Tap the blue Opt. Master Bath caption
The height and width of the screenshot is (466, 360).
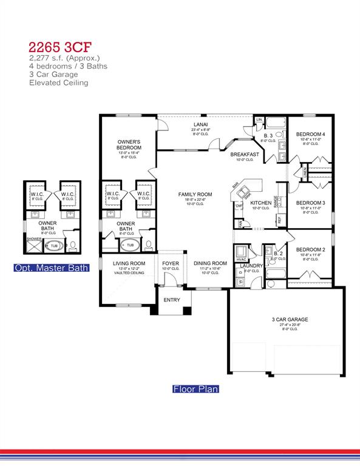coord(52,268)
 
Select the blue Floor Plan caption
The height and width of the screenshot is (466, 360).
coord(195,389)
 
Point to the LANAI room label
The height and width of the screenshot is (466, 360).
coord(200,124)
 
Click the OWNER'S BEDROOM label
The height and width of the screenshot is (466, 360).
coord(129,144)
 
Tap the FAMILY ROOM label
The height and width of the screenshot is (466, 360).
coord(193,194)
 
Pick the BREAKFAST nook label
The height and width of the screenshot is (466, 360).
coord(245,155)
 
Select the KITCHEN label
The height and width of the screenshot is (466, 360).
coord(260,203)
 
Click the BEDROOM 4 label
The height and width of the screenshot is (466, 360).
coord(310,134)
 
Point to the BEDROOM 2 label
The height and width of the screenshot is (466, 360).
coord(311,249)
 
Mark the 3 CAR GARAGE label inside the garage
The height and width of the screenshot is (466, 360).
coord(290,319)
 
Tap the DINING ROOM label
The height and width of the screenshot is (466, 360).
coord(210,263)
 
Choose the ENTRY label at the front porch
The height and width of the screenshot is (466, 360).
coord(172,300)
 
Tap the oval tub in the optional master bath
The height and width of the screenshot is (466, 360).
coord(53,246)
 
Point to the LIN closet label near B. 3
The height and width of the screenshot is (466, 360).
coord(259,120)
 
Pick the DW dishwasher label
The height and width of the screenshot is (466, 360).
coord(239,206)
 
